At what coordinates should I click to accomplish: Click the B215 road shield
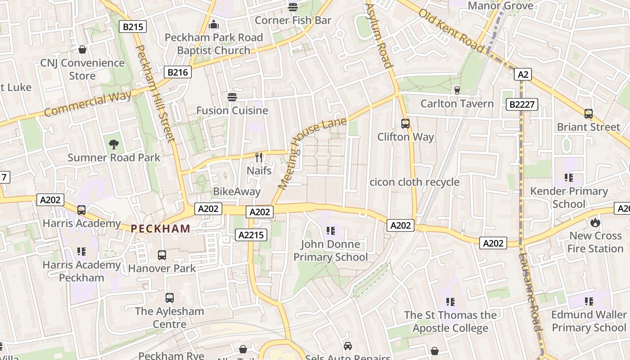pyautogui.click(x=133, y=27)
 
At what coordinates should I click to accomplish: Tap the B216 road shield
pyautogui.click(x=178, y=72)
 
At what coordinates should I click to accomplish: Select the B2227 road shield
pyautogui.click(x=522, y=105)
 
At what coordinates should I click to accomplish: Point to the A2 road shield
pyautogui.click(x=522, y=74)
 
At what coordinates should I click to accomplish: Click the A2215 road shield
pyautogui.click(x=251, y=234)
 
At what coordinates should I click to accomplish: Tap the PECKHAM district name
pyautogui.click(x=161, y=229)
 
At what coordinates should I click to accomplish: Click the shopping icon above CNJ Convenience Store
pyautogui.click(x=82, y=49)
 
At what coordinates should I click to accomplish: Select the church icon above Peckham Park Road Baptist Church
pyautogui.click(x=214, y=24)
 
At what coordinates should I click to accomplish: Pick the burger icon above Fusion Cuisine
pyautogui.click(x=232, y=97)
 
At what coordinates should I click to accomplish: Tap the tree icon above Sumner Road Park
pyautogui.click(x=114, y=144)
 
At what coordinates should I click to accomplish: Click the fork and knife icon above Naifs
pyautogui.click(x=259, y=157)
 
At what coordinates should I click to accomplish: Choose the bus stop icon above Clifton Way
pyautogui.click(x=405, y=123)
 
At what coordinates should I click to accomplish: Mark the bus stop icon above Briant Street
pyautogui.click(x=588, y=113)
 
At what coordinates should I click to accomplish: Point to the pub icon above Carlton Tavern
pyautogui.click(x=457, y=90)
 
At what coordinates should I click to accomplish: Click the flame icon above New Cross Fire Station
pyautogui.click(x=595, y=222)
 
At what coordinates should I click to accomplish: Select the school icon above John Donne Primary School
pyautogui.click(x=331, y=231)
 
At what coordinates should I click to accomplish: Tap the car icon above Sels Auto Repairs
pyautogui.click(x=347, y=346)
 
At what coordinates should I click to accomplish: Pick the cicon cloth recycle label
pyautogui.click(x=414, y=182)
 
